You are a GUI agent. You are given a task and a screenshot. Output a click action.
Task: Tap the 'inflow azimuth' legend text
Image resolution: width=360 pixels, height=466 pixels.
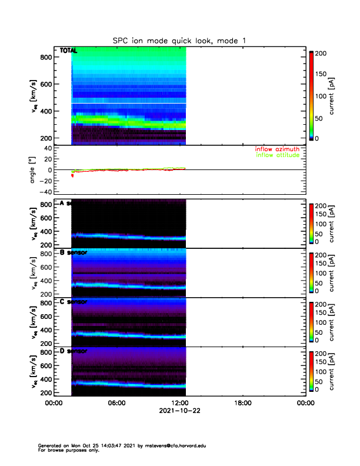coord(278,149)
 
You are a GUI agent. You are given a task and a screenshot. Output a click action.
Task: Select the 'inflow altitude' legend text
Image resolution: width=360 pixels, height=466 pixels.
coord(278,155)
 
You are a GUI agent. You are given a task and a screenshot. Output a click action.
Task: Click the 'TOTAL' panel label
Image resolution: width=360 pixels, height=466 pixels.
coord(68,51)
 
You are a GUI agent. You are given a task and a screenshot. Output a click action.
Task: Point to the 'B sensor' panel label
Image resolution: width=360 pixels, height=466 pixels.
coord(74,252)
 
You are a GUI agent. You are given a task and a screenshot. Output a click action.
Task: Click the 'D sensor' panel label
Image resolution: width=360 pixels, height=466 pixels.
coord(74,351)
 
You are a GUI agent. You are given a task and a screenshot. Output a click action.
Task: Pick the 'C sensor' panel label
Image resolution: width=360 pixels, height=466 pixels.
coord(74,302)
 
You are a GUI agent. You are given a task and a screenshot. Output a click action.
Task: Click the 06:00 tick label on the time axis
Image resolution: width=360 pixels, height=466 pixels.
coord(116,403)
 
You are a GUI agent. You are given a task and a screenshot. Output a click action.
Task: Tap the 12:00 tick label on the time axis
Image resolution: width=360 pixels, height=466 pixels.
coord(179,403)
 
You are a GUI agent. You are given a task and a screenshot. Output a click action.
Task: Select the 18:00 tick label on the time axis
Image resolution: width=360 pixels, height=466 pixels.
coord(242,403)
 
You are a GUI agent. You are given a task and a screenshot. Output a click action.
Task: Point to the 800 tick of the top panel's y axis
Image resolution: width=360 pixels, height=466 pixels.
coord(45,57)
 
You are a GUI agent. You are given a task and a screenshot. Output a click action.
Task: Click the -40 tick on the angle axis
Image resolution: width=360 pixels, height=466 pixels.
coord(43,192)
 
